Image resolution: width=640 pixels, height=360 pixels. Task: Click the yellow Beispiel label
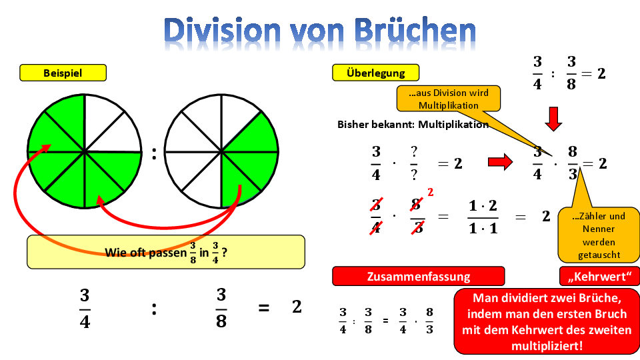[63, 73]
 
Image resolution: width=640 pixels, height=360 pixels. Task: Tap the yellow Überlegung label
[375, 73]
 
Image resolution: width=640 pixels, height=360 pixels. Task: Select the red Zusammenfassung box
[419, 276]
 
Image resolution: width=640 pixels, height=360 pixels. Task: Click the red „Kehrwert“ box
[599, 276]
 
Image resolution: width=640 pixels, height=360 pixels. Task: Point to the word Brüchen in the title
[415, 31]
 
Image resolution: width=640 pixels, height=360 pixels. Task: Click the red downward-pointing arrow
[553, 119]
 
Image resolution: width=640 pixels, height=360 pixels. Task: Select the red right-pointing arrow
[500, 162]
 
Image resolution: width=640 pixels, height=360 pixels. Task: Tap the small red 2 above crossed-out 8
[430, 192]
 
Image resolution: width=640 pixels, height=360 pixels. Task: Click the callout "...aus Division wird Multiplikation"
[448, 99]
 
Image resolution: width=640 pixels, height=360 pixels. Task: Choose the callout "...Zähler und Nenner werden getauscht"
[599, 235]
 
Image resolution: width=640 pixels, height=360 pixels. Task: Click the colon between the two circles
[154, 154]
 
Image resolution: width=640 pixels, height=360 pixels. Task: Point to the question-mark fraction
[414, 163]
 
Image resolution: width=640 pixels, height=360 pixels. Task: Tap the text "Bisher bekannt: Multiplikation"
[413, 125]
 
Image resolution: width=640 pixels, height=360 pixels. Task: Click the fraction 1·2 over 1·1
[483, 217]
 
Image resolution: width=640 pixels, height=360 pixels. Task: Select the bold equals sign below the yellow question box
[264, 308]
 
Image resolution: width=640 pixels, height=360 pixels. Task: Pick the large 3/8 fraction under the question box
[221, 308]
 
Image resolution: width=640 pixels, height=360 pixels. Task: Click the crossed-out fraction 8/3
[417, 216]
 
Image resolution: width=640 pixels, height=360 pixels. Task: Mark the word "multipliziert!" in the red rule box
[547, 346]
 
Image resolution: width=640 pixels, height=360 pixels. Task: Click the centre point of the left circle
[85, 152]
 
